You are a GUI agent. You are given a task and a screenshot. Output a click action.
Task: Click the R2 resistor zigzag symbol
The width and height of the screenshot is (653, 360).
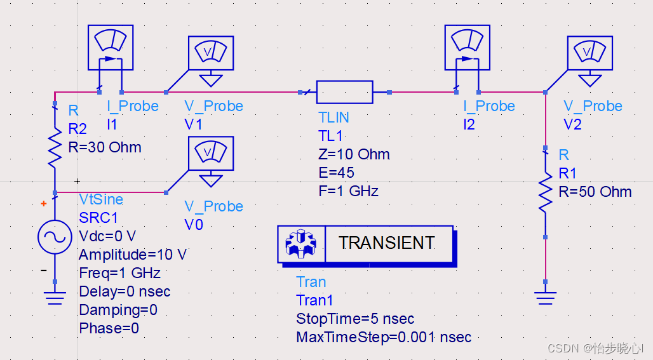(x=55, y=147)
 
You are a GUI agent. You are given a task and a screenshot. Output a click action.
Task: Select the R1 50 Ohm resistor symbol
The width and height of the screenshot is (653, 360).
(x=545, y=193)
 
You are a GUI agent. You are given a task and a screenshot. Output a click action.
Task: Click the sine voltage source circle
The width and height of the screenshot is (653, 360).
(x=55, y=237)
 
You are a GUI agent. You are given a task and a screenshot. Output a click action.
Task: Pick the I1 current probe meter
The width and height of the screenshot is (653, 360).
(x=110, y=48)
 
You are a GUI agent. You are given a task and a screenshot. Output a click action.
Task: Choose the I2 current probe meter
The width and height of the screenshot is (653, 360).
(x=467, y=48)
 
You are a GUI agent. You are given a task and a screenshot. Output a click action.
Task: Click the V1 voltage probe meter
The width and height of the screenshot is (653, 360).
(x=211, y=53)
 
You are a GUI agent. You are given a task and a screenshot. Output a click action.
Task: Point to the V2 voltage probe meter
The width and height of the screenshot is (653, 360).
(x=590, y=53)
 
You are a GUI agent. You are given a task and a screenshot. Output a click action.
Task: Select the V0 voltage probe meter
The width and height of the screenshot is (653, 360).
(x=211, y=154)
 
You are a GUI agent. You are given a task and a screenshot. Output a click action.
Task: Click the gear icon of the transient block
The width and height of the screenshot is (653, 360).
(x=301, y=244)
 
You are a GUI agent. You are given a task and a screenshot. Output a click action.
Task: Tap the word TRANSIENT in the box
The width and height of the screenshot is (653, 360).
(x=386, y=243)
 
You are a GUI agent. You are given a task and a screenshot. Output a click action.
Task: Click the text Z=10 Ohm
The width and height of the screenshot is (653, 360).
(x=354, y=154)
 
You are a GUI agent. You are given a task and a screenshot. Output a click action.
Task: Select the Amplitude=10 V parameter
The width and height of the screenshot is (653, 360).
(x=132, y=255)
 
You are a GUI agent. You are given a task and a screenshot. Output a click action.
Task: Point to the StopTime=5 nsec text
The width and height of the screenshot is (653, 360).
(x=355, y=319)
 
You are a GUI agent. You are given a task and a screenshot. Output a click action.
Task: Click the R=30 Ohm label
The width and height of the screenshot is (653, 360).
(x=105, y=147)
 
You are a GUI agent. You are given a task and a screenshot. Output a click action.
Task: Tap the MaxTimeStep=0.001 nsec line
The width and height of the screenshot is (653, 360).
(x=384, y=337)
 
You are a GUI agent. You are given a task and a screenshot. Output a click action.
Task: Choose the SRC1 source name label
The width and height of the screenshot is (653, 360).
(x=98, y=218)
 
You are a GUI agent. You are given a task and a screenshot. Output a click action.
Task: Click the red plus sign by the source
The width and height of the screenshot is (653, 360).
(x=43, y=204)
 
